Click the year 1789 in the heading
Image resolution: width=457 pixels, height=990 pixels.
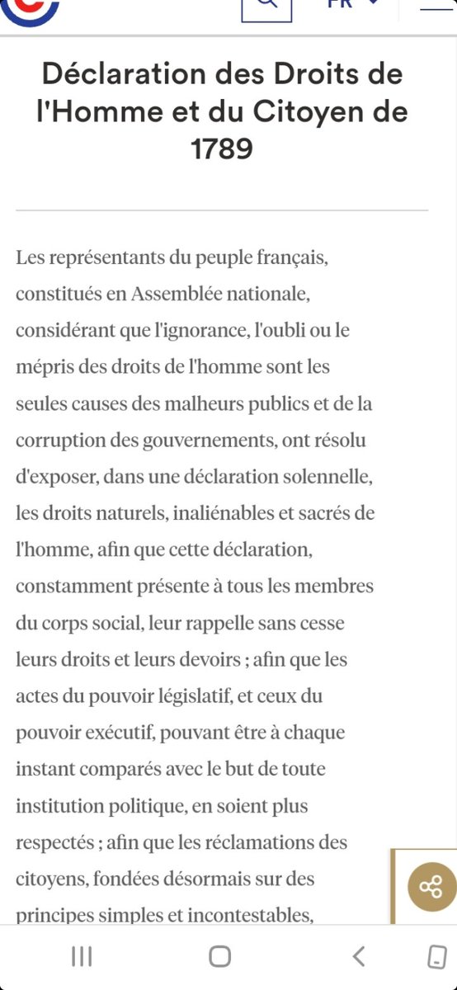tap(222, 149)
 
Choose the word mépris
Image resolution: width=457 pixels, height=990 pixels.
tap(42, 366)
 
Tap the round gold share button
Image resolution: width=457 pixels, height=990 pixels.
tap(431, 887)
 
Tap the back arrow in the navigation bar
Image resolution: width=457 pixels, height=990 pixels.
tap(358, 956)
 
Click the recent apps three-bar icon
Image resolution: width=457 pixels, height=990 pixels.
tap(82, 956)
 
